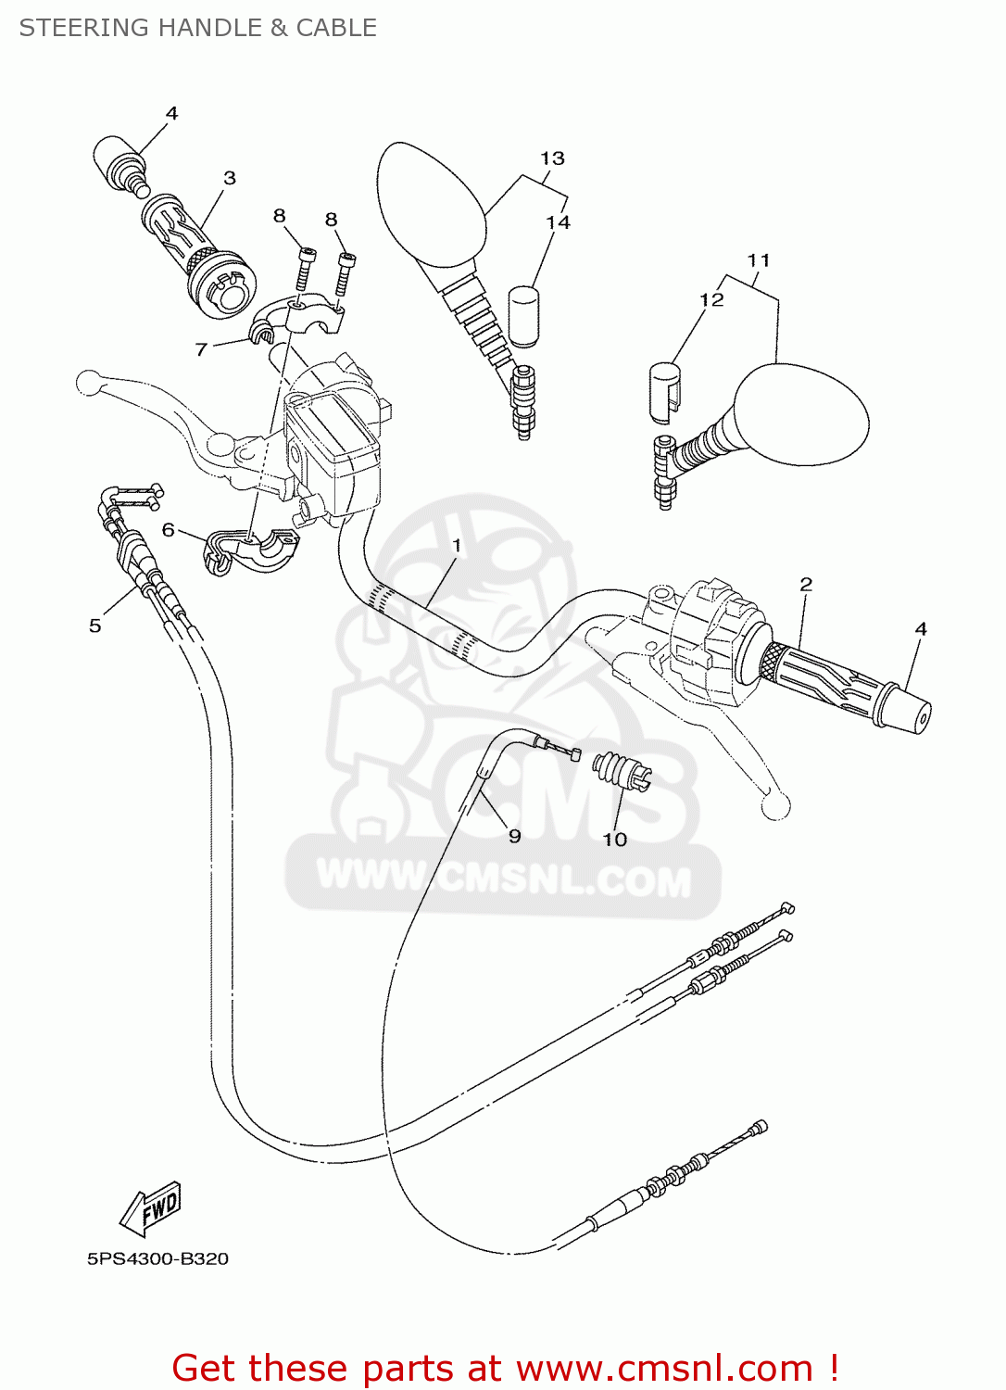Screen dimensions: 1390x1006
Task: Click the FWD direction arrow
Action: pyautogui.click(x=150, y=1208)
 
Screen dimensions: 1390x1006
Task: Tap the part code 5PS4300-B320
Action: pyautogui.click(x=157, y=1258)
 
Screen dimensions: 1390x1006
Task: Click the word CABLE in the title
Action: pyautogui.click(x=335, y=28)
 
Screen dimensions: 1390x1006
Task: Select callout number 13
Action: pyautogui.click(x=552, y=158)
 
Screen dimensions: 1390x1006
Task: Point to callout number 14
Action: pyautogui.click(x=558, y=222)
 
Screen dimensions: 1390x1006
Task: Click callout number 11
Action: pyautogui.click(x=759, y=260)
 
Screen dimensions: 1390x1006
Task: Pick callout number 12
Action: pyautogui.click(x=711, y=299)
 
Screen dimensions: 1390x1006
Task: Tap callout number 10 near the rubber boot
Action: pyautogui.click(x=615, y=839)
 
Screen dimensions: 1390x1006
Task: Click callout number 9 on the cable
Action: pyautogui.click(x=515, y=836)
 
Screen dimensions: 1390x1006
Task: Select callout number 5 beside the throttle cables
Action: pyautogui.click(x=94, y=625)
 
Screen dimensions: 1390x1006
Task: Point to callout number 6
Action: pyautogui.click(x=168, y=529)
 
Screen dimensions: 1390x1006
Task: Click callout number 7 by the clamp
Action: pyautogui.click(x=201, y=349)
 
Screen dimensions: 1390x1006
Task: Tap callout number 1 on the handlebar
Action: pyautogui.click(x=457, y=545)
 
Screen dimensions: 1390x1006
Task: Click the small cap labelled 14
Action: pyautogui.click(x=524, y=316)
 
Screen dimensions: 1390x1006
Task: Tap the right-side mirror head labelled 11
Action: pyautogui.click(x=801, y=414)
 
